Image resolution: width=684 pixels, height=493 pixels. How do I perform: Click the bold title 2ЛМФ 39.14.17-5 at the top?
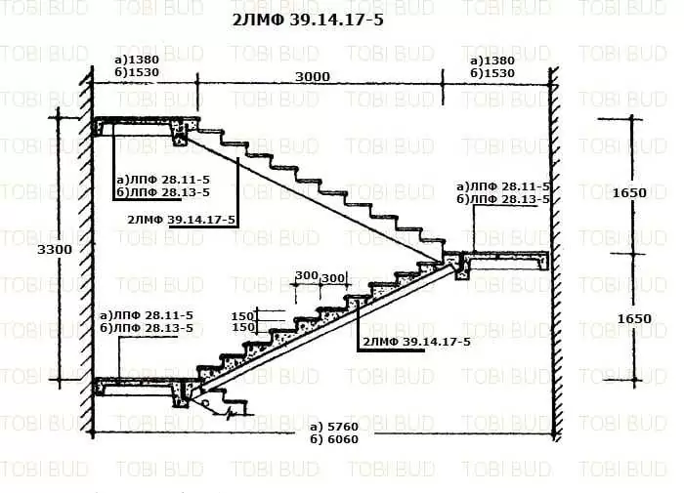308,21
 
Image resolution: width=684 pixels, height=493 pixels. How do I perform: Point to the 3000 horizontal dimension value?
313,77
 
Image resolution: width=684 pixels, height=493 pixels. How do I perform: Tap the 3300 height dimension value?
55,250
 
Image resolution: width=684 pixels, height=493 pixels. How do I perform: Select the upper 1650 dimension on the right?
629,192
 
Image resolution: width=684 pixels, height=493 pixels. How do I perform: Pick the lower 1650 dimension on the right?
634,318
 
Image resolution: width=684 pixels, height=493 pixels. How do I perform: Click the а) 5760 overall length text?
334,427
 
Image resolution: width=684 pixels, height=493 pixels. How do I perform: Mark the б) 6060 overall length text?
334,439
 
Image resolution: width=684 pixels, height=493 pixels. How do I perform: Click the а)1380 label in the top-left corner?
137,60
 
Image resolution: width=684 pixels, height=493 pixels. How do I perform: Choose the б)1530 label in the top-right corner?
492,73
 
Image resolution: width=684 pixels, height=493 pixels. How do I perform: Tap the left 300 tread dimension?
307,275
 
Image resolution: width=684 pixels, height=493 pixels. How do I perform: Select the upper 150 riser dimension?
242,315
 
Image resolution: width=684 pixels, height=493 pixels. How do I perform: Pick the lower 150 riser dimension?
242,327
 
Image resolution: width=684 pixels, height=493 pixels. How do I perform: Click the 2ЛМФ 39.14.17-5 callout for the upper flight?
181,220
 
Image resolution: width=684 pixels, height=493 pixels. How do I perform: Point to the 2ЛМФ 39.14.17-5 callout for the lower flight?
416,342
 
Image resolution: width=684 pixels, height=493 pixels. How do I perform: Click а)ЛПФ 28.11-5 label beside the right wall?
503,186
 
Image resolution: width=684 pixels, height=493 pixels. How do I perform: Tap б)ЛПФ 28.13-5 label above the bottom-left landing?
147,328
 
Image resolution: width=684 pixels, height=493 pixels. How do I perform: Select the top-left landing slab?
147,126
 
